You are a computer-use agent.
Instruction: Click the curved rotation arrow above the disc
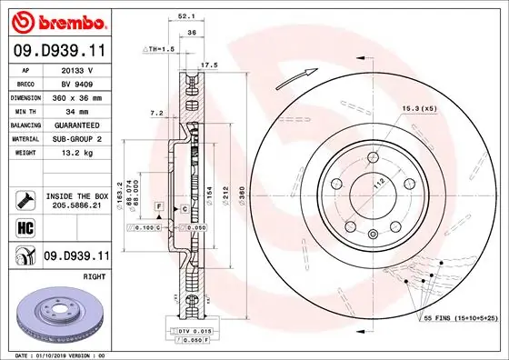(307, 72)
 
